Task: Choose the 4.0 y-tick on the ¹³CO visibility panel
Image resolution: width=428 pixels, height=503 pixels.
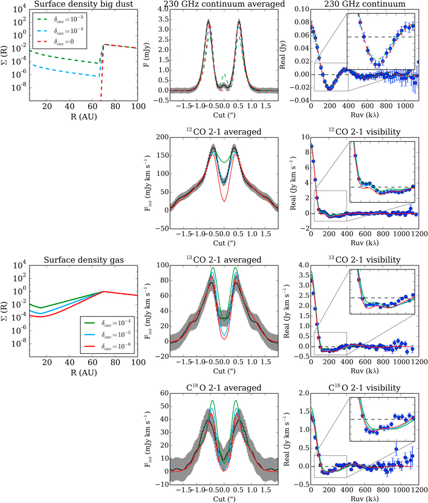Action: click(301, 265)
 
